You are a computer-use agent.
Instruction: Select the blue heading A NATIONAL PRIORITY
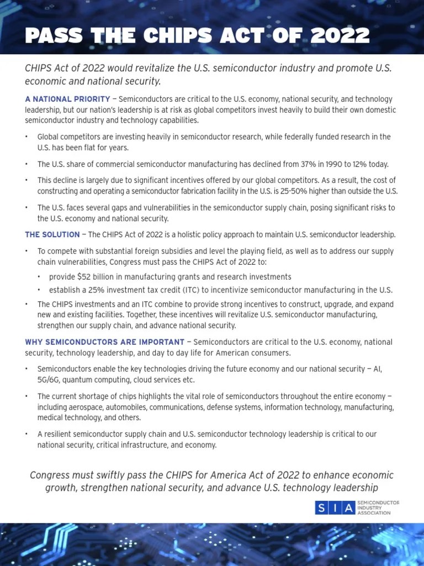coord(67,99)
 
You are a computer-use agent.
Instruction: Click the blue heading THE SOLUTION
coord(52,235)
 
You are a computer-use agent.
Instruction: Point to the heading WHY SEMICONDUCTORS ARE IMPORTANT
coord(105,342)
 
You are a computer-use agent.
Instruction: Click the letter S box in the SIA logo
coord(322,508)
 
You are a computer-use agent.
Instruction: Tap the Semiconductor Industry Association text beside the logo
coord(378,508)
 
